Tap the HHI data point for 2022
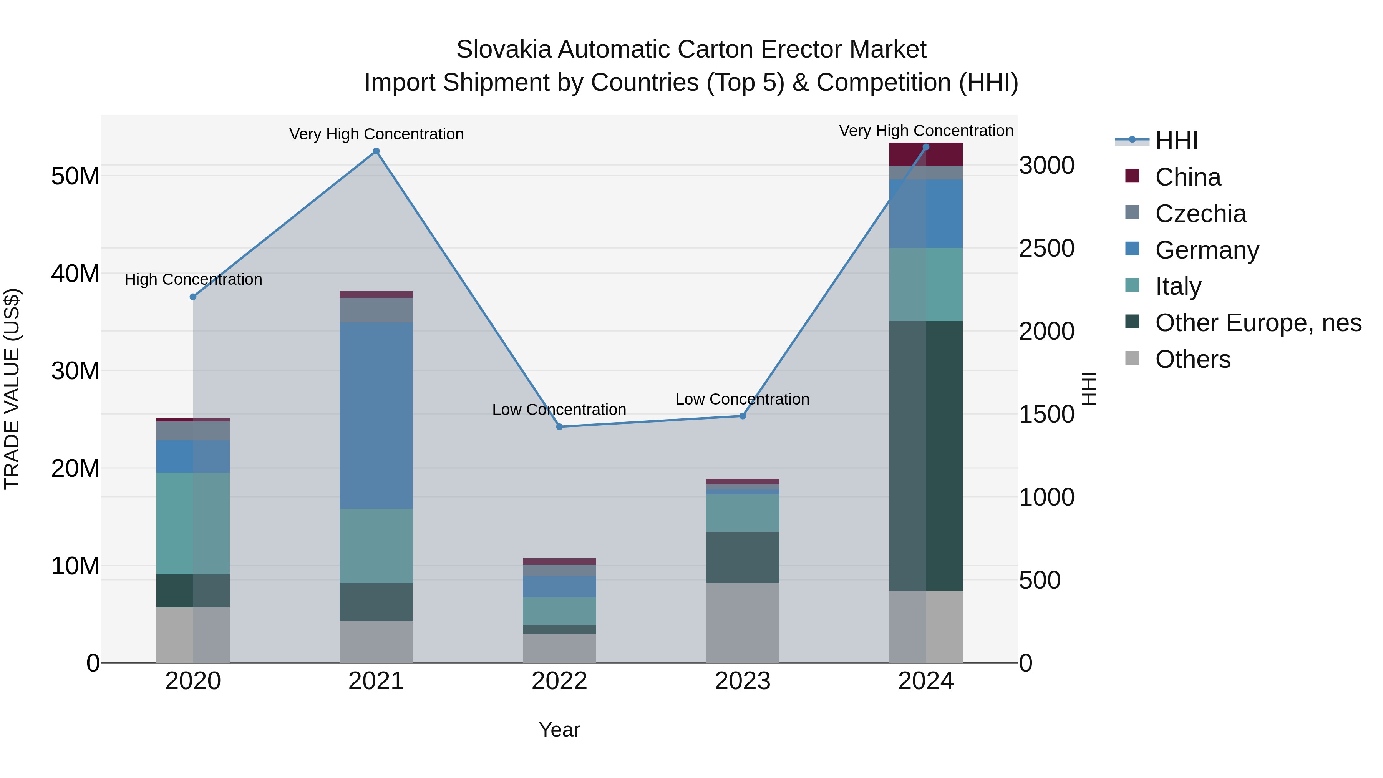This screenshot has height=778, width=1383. [x=559, y=427]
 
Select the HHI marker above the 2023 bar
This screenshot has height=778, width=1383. [x=743, y=416]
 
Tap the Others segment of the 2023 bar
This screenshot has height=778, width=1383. [x=743, y=623]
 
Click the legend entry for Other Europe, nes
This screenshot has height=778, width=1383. [x=1258, y=323]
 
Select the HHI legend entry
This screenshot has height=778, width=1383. [x=1176, y=141]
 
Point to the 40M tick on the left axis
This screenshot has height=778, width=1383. [x=75, y=274]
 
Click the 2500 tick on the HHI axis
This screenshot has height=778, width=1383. [x=1047, y=249]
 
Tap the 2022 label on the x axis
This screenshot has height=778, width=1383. [x=559, y=681]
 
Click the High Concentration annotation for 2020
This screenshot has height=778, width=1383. [x=193, y=280]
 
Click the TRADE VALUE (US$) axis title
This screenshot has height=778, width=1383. [x=12, y=389]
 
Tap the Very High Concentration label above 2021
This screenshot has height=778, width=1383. [x=376, y=134]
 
